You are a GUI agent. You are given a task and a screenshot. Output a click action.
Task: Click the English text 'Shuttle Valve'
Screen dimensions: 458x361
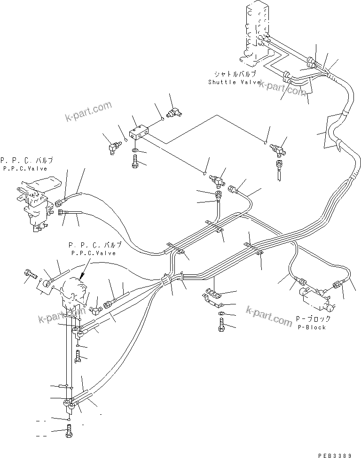(234, 82)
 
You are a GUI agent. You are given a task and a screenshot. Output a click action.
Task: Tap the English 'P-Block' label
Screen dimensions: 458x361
(312, 327)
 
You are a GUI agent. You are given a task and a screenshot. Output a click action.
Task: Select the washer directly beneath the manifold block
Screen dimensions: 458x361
(135, 151)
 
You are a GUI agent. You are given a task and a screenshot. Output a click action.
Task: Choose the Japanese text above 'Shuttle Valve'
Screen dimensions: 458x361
(235, 74)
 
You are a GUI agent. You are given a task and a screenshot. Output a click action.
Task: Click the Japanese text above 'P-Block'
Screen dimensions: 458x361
(311, 319)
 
